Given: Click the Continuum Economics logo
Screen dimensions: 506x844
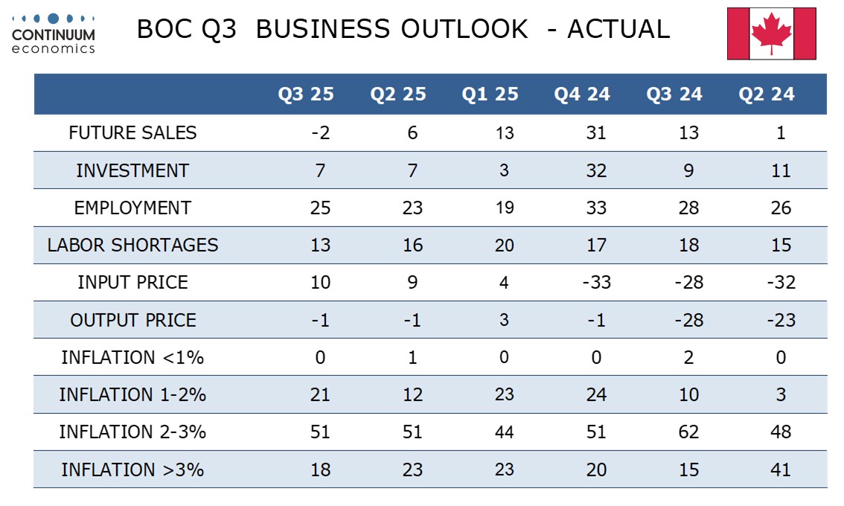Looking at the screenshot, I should [54, 33].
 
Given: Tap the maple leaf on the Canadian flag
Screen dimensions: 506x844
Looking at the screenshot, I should [771, 33].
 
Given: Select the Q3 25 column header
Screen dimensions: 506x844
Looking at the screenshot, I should [306, 95].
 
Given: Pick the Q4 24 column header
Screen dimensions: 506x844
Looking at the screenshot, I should [582, 95].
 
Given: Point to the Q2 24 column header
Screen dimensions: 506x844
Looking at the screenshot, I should [767, 95].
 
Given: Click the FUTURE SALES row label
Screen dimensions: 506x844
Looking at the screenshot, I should [132, 133].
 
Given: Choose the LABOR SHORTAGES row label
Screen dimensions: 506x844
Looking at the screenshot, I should [132, 246].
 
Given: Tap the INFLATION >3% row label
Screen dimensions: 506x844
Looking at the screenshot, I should [132, 470].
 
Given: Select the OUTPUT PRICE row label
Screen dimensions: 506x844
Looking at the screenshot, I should [132, 320].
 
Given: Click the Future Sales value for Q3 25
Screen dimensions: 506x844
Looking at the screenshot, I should [320, 133].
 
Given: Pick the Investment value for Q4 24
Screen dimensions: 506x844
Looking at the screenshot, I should [596, 170].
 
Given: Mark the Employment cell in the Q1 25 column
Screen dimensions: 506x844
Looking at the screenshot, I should [505, 208].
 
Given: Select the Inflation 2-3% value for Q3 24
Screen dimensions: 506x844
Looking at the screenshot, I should [688, 432].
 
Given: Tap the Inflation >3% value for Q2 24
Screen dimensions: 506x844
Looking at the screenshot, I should [781, 470].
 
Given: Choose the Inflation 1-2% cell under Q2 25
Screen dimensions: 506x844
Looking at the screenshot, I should [412, 395].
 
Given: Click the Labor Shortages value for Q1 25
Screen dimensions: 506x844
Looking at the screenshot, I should [505, 246].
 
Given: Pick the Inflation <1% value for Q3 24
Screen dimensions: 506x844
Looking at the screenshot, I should [688, 358].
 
